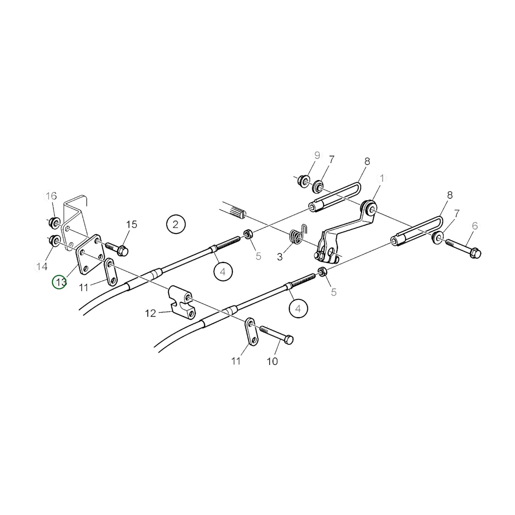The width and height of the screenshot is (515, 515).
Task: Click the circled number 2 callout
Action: [x=175, y=225]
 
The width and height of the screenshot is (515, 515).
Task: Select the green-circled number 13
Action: [x=59, y=282]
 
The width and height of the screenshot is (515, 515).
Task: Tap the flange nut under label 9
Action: [x=304, y=181]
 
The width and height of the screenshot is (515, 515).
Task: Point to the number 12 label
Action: [x=150, y=313]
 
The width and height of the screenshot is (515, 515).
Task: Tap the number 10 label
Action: [x=272, y=361]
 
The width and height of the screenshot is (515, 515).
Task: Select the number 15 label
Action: [x=132, y=225]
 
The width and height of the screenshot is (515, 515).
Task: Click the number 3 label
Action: [x=279, y=256]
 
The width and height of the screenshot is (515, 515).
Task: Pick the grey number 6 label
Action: [x=474, y=226]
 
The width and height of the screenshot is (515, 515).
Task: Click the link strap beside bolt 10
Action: [x=251, y=332]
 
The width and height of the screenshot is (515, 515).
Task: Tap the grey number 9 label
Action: [x=317, y=155]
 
